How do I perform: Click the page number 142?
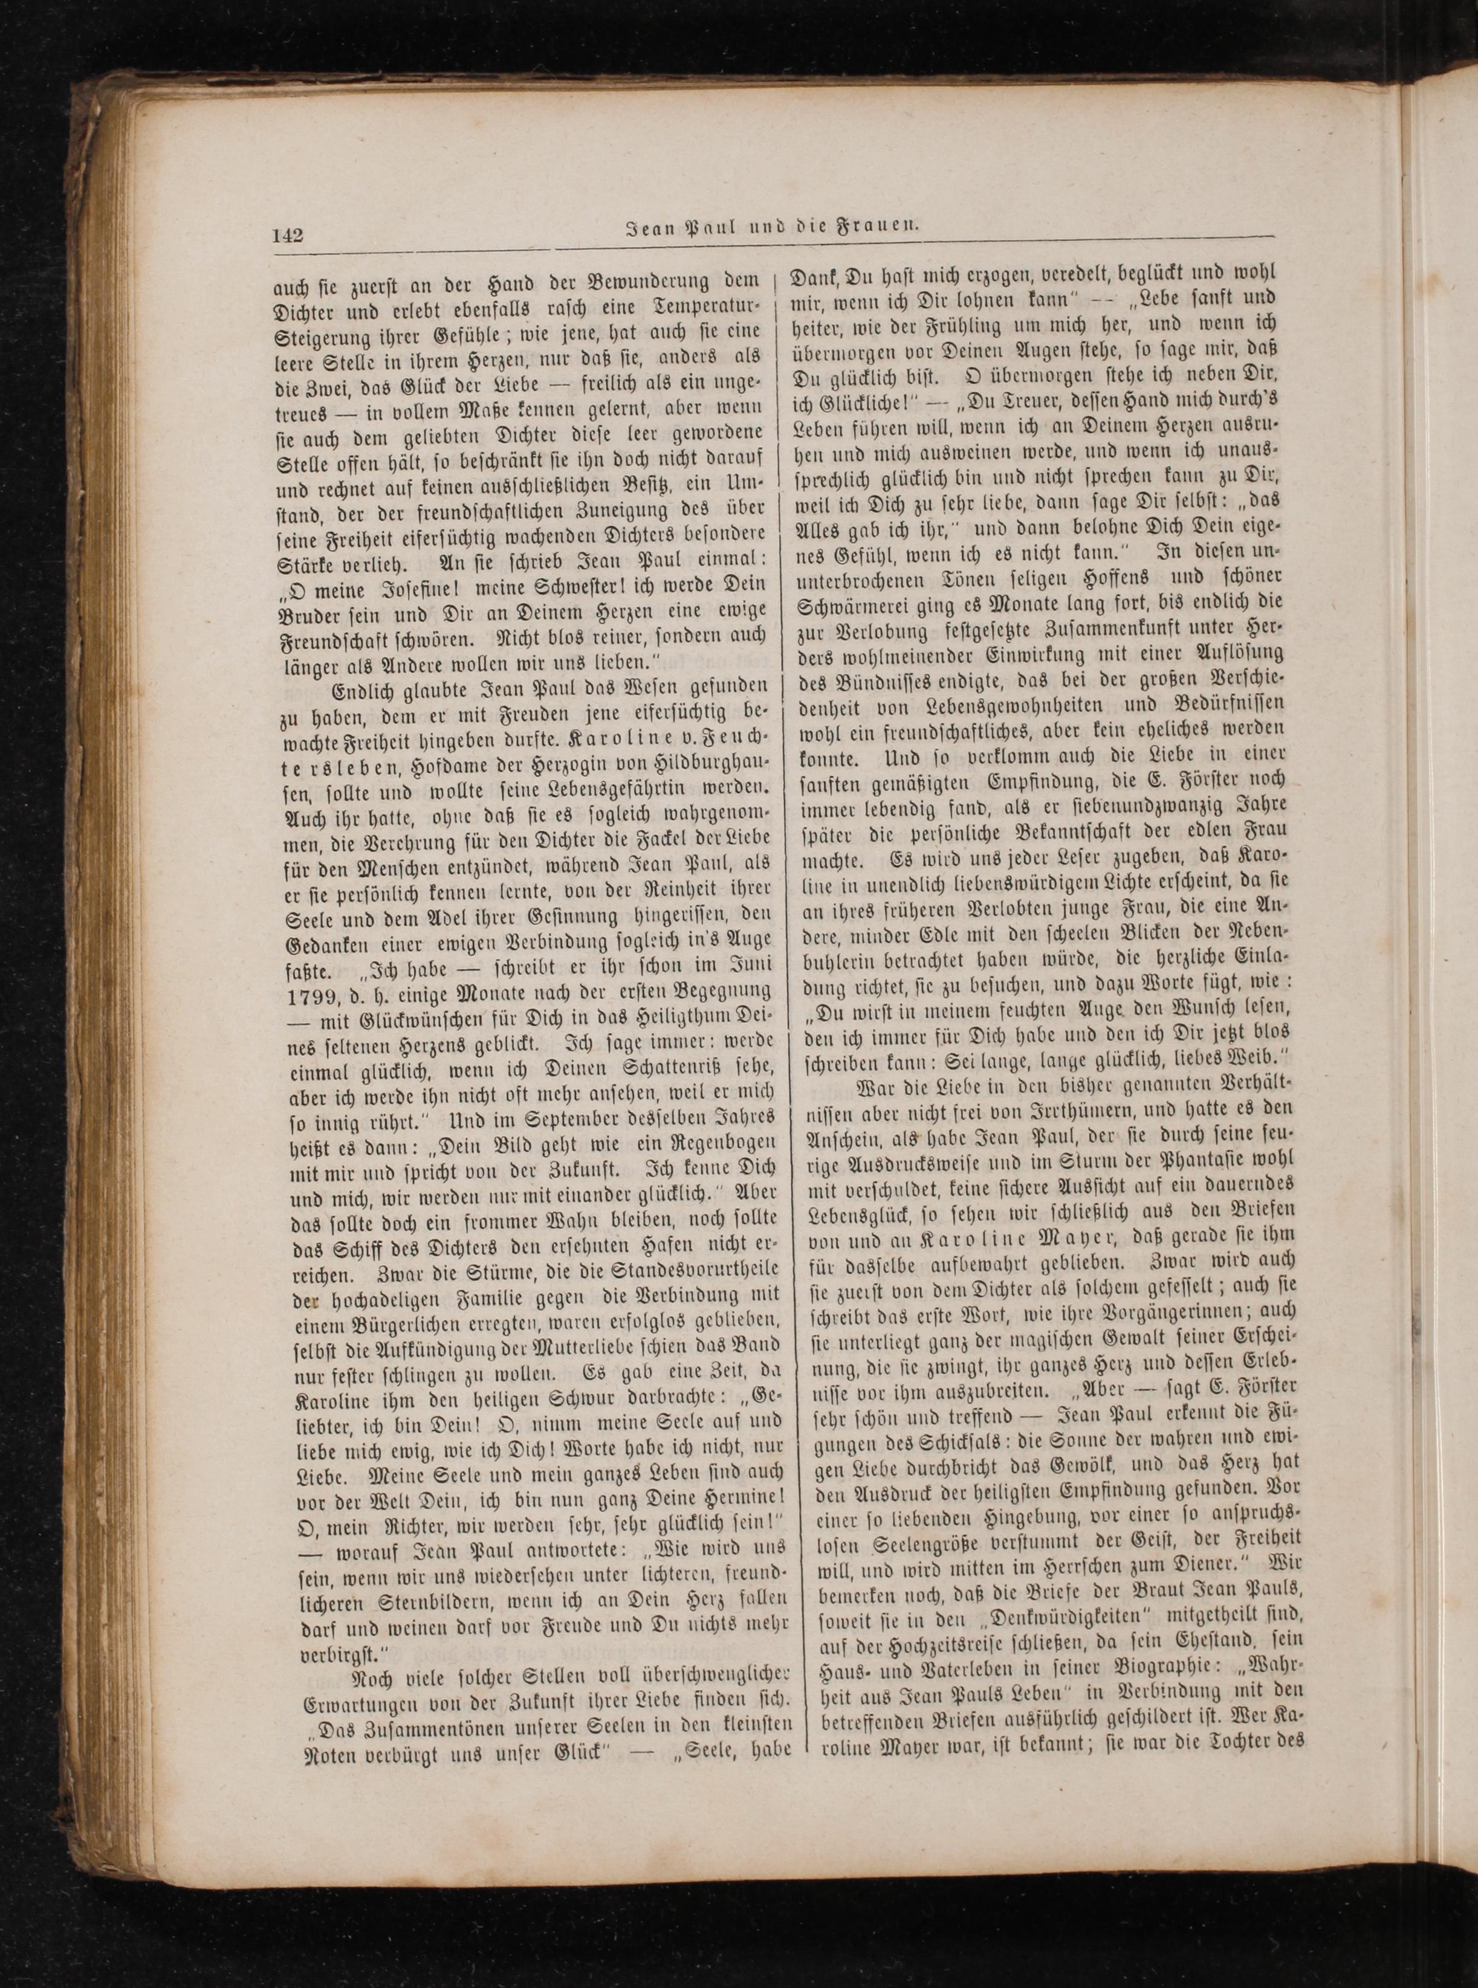288,236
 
